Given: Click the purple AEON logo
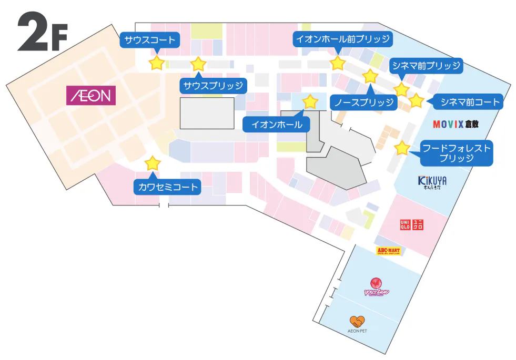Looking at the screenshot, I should click(x=90, y=95).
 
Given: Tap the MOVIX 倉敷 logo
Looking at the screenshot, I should click(x=456, y=125).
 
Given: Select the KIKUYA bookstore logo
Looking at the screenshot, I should click(x=432, y=182).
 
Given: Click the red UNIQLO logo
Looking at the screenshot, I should click(x=411, y=224).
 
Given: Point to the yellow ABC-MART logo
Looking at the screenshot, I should click(x=389, y=251).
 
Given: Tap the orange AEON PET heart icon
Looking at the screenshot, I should click(x=357, y=321).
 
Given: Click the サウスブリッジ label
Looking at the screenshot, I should click(x=213, y=86).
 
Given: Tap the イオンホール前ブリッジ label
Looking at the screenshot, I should click(x=342, y=39).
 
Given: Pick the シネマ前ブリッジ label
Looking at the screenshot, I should click(x=426, y=66).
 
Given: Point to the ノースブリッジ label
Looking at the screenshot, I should click(x=364, y=102).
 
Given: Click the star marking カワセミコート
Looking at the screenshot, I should click(x=153, y=163).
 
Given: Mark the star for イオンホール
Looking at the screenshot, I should click(x=310, y=101).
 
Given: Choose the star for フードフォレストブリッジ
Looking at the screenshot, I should click(x=402, y=148).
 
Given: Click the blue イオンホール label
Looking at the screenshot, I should click(x=277, y=125).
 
